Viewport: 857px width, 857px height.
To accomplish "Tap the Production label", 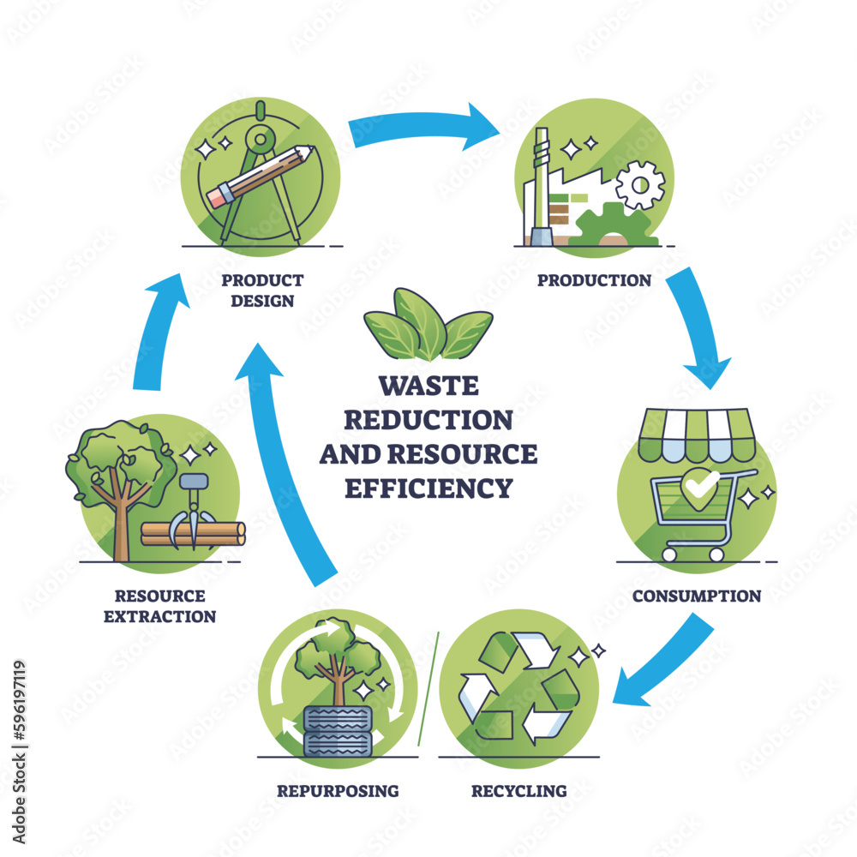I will pyautogui.click(x=594, y=280).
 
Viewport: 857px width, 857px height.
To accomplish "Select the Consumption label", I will pyautogui.click(x=696, y=596).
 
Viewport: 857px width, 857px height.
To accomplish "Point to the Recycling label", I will pyautogui.click(x=518, y=790).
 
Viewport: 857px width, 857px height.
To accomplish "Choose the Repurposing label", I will pyautogui.click(x=338, y=790).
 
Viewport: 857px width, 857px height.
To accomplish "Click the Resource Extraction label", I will pyautogui.click(x=160, y=605).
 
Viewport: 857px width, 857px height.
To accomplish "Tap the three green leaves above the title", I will pyautogui.click(x=428, y=323).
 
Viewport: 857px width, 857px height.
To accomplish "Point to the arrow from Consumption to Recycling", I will pyautogui.click(x=668, y=660).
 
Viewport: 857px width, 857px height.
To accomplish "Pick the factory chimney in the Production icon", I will pyautogui.click(x=541, y=189).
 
